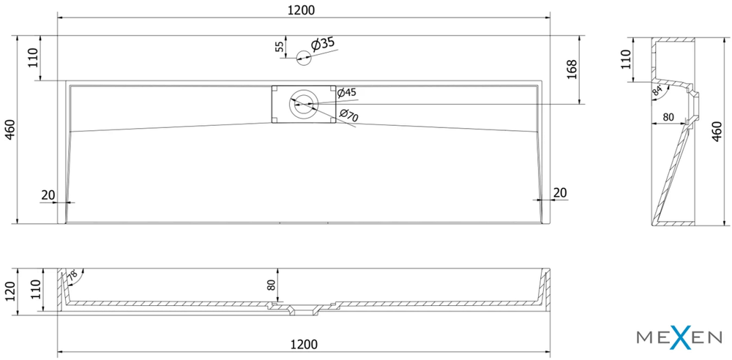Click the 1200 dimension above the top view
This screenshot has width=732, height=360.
pyautogui.click(x=304, y=10)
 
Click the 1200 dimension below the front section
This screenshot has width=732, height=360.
pyautogui.click(x=304, y=344)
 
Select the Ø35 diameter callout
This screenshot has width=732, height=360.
pyautogui.click(x=322, y=44)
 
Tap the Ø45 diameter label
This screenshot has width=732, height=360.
pyautogui.click(x=346, y=92)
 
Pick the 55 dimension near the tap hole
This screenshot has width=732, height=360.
pyautogui.click(x=279, y=47)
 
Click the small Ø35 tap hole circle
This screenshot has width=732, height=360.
pyautogui.click(x=304, y=58)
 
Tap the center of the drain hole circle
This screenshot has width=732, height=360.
pyautogui.click(x=304, y=105)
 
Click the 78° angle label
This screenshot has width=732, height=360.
pyautogui.click(x=73, y=276)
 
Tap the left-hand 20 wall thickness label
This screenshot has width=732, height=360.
pyautogui.click(x=48, y=195)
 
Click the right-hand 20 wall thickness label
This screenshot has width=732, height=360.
pyautogui.click(x=560, y=192)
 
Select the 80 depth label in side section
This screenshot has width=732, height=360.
pyautogui.click(x=668, y=117)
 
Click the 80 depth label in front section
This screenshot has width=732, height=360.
pyautogui.click(x=272, y=285)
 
